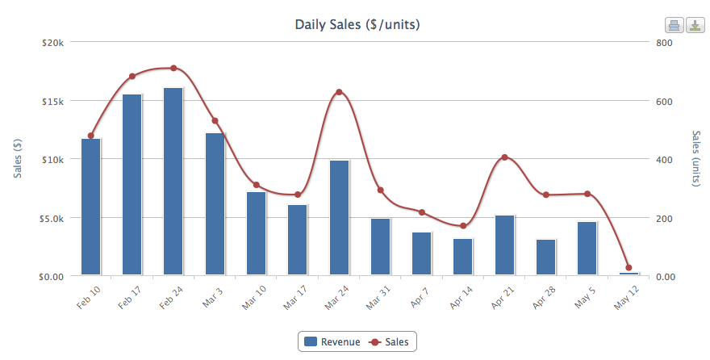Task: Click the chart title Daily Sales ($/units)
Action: tap(357, 25)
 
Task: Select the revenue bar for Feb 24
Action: tap(173, 182)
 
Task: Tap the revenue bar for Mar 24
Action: tap(340, 218)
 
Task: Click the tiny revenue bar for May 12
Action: tap(629, 274)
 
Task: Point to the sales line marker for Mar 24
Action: tap(339, 92)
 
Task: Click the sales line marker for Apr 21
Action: tap(504, 157)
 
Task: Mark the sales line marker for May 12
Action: tap(629, 268)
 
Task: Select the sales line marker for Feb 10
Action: tap(90, 136)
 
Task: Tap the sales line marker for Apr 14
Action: tap(463, 226)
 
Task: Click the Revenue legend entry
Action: tap(331, 342)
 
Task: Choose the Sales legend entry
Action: tap(389, 342)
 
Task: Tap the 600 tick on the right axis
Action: tap(664, 101)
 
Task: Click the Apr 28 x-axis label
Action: tap(542, 298)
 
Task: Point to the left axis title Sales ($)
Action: tap(18, 159)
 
